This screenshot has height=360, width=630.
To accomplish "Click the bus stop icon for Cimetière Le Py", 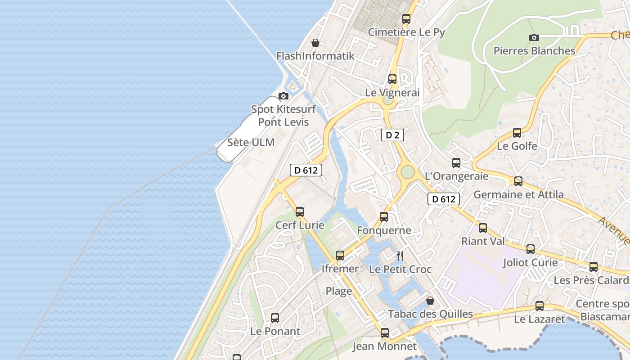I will click(406, 19).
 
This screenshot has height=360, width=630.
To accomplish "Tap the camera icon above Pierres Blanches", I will click(534, 37).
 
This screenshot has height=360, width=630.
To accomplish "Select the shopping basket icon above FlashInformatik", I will click(315, 43).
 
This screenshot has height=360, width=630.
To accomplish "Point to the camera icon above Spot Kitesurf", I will click(283, 96).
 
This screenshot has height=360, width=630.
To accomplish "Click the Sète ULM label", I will click(251, 142).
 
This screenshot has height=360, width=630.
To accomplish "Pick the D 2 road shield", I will click(392, 135).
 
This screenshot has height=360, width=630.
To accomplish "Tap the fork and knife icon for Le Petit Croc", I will click(400, 256).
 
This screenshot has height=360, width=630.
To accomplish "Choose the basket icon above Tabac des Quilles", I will click(430, 301).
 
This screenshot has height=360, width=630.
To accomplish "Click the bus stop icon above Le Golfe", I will click(517, 133).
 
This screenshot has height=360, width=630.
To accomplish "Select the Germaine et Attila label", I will click(518, 194).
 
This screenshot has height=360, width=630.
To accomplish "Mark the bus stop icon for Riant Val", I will click(483, 228).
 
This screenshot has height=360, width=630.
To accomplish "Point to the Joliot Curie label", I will click(530, 262).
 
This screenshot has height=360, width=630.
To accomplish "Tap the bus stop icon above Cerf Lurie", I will click(300, 211).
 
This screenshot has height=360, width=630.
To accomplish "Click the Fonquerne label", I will click(384, 230).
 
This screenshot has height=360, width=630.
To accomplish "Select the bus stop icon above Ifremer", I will click(340, 256).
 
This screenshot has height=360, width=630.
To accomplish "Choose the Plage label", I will click(338, 291).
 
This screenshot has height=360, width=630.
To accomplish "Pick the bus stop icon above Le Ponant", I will click(275, 318).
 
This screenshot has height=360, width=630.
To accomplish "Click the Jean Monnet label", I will click(384, 346).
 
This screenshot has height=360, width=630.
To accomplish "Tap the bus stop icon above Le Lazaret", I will click(539, 306).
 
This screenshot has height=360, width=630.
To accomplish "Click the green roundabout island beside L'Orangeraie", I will click(407, 172).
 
